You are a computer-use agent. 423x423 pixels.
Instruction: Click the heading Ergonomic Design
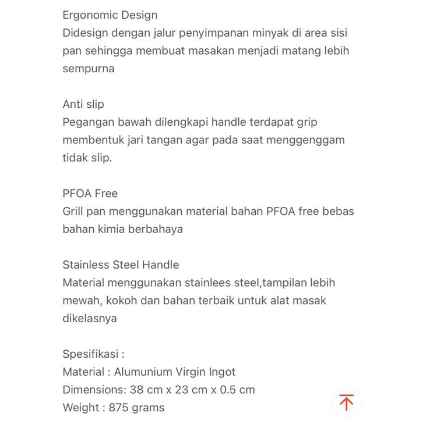[110, 15]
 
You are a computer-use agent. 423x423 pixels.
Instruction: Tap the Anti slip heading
[83, 104]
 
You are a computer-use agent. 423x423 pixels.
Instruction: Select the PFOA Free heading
[90, 193]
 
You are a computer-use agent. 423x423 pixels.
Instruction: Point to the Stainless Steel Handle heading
[121, 265]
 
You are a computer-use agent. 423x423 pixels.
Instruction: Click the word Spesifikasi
[90, 354]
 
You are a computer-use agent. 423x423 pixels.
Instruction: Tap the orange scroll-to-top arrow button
[347, 403]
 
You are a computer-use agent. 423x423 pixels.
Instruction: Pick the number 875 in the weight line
[120, 408]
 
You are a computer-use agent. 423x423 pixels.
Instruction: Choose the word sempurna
[89, 69]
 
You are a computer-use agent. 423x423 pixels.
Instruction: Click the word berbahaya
[156, 229]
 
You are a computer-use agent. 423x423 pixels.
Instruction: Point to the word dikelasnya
[90, 318]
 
